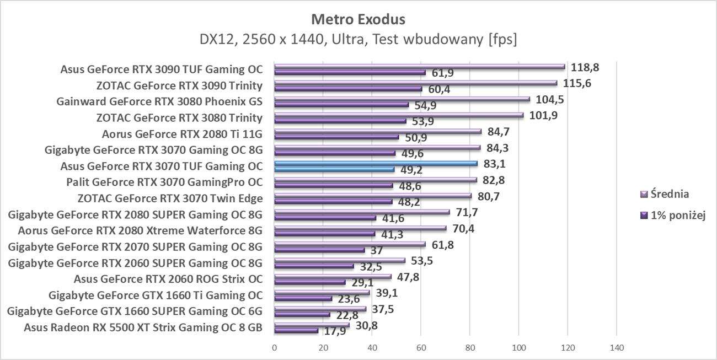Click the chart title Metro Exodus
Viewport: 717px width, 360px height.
pyautogui.click(x=358, y=19)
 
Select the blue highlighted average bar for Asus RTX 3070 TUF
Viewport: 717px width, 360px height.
pyautogui.click(x=375, y=163)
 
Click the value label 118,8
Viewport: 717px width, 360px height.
pyautogui.click(x=585, y=67)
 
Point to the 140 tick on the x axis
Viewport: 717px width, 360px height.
pyautogui.click(x=616, y=348)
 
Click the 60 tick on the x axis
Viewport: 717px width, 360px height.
pyautogui.click(x=421, y=348)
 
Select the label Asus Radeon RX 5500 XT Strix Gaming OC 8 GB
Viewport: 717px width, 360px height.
pyautogui.click(x=142, y=327)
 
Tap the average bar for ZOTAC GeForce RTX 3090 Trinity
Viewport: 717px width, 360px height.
pyautogui.click(x=416, y=83)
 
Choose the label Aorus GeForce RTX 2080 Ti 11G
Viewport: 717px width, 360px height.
pyautogui.click(x=182, y=133)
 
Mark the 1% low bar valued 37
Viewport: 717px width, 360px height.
pyautogui.click(x=319, y=250)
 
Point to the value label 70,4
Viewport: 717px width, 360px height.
pyautogui.click(x=463, y=228)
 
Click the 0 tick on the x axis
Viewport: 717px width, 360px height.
pyautogui.click(x=274, y=348)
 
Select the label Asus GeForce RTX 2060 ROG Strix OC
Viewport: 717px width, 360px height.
pyautogui.click(x=168, y=279)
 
